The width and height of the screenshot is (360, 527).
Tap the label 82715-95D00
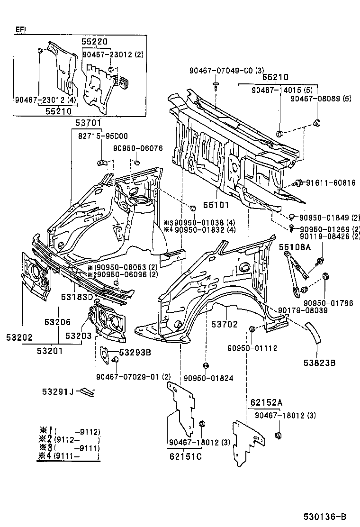point(97,136)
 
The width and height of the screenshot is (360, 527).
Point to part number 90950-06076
point(138,148)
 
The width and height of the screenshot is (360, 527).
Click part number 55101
point(216,205)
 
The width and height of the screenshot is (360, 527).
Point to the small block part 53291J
point(88,391)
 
